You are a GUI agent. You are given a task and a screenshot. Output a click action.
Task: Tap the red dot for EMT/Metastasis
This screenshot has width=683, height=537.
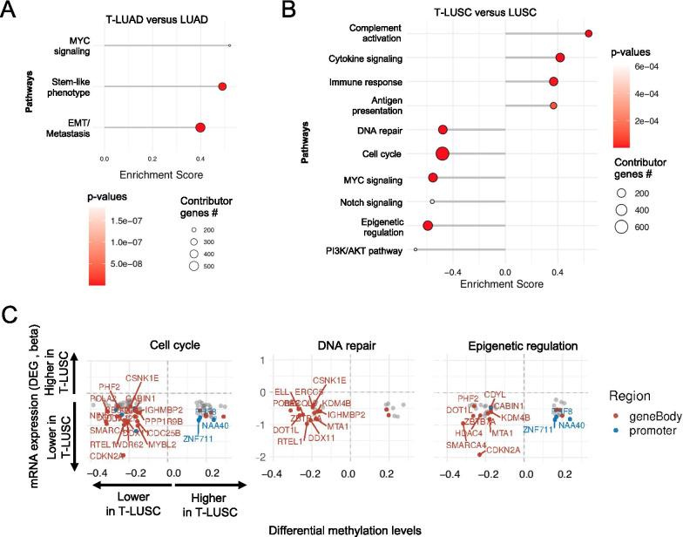[200, 128]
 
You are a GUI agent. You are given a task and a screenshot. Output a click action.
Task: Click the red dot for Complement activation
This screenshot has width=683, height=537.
[589, 33]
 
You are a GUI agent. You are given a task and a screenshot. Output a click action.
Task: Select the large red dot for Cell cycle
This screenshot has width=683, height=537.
[443, 153]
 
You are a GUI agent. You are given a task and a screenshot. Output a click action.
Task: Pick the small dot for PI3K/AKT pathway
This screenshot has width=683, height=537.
[416, 250]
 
